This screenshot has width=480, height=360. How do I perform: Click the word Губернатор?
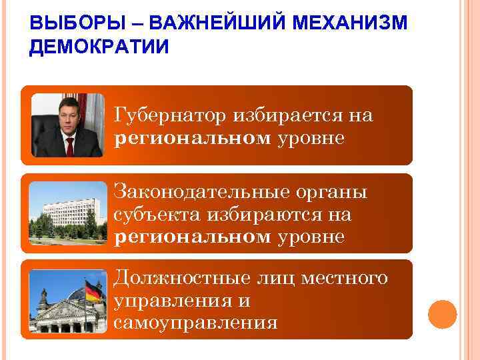tap(170, 116)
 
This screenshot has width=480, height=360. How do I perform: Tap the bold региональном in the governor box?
tap(193, 138)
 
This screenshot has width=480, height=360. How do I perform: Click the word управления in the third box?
tap(172, 301)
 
